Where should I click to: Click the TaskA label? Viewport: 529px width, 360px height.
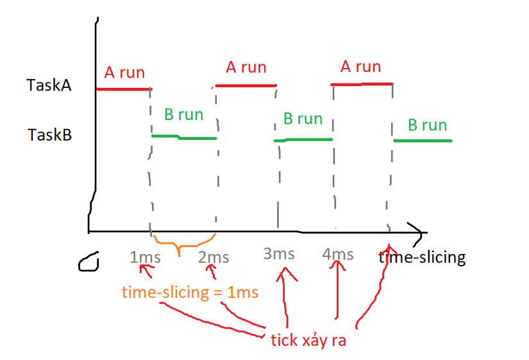pos(49,85)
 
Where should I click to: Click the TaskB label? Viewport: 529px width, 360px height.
pos(49,135)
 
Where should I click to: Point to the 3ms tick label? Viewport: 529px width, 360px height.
pos(279,253)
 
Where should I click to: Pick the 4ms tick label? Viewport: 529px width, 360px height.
pos(338,254)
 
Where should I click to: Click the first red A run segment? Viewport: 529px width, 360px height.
pos(123,89)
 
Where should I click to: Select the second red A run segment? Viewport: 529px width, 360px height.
pos(246,85)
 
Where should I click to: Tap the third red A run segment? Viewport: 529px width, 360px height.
pos(362,84)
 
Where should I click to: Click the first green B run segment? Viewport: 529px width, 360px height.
pos(184,137)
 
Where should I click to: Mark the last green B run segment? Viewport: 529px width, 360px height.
pos(423,141)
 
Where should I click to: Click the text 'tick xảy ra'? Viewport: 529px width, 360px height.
pos(308,340)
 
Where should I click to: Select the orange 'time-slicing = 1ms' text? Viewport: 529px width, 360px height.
pos(190,293)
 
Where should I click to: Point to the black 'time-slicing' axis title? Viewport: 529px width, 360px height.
pos(422,258)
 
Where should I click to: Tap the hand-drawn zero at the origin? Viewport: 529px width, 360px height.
pos(90,261)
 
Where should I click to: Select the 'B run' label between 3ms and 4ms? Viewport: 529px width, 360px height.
pos(303,119)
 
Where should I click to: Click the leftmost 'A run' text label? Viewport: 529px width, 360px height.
pos(124,73)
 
